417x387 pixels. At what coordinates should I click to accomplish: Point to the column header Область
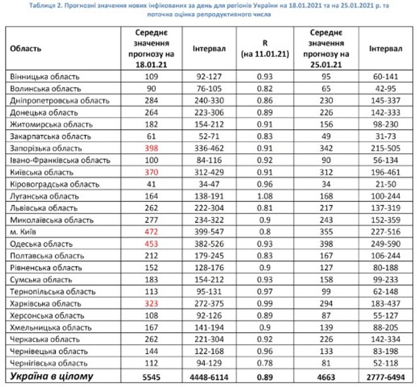pos(25,49)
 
